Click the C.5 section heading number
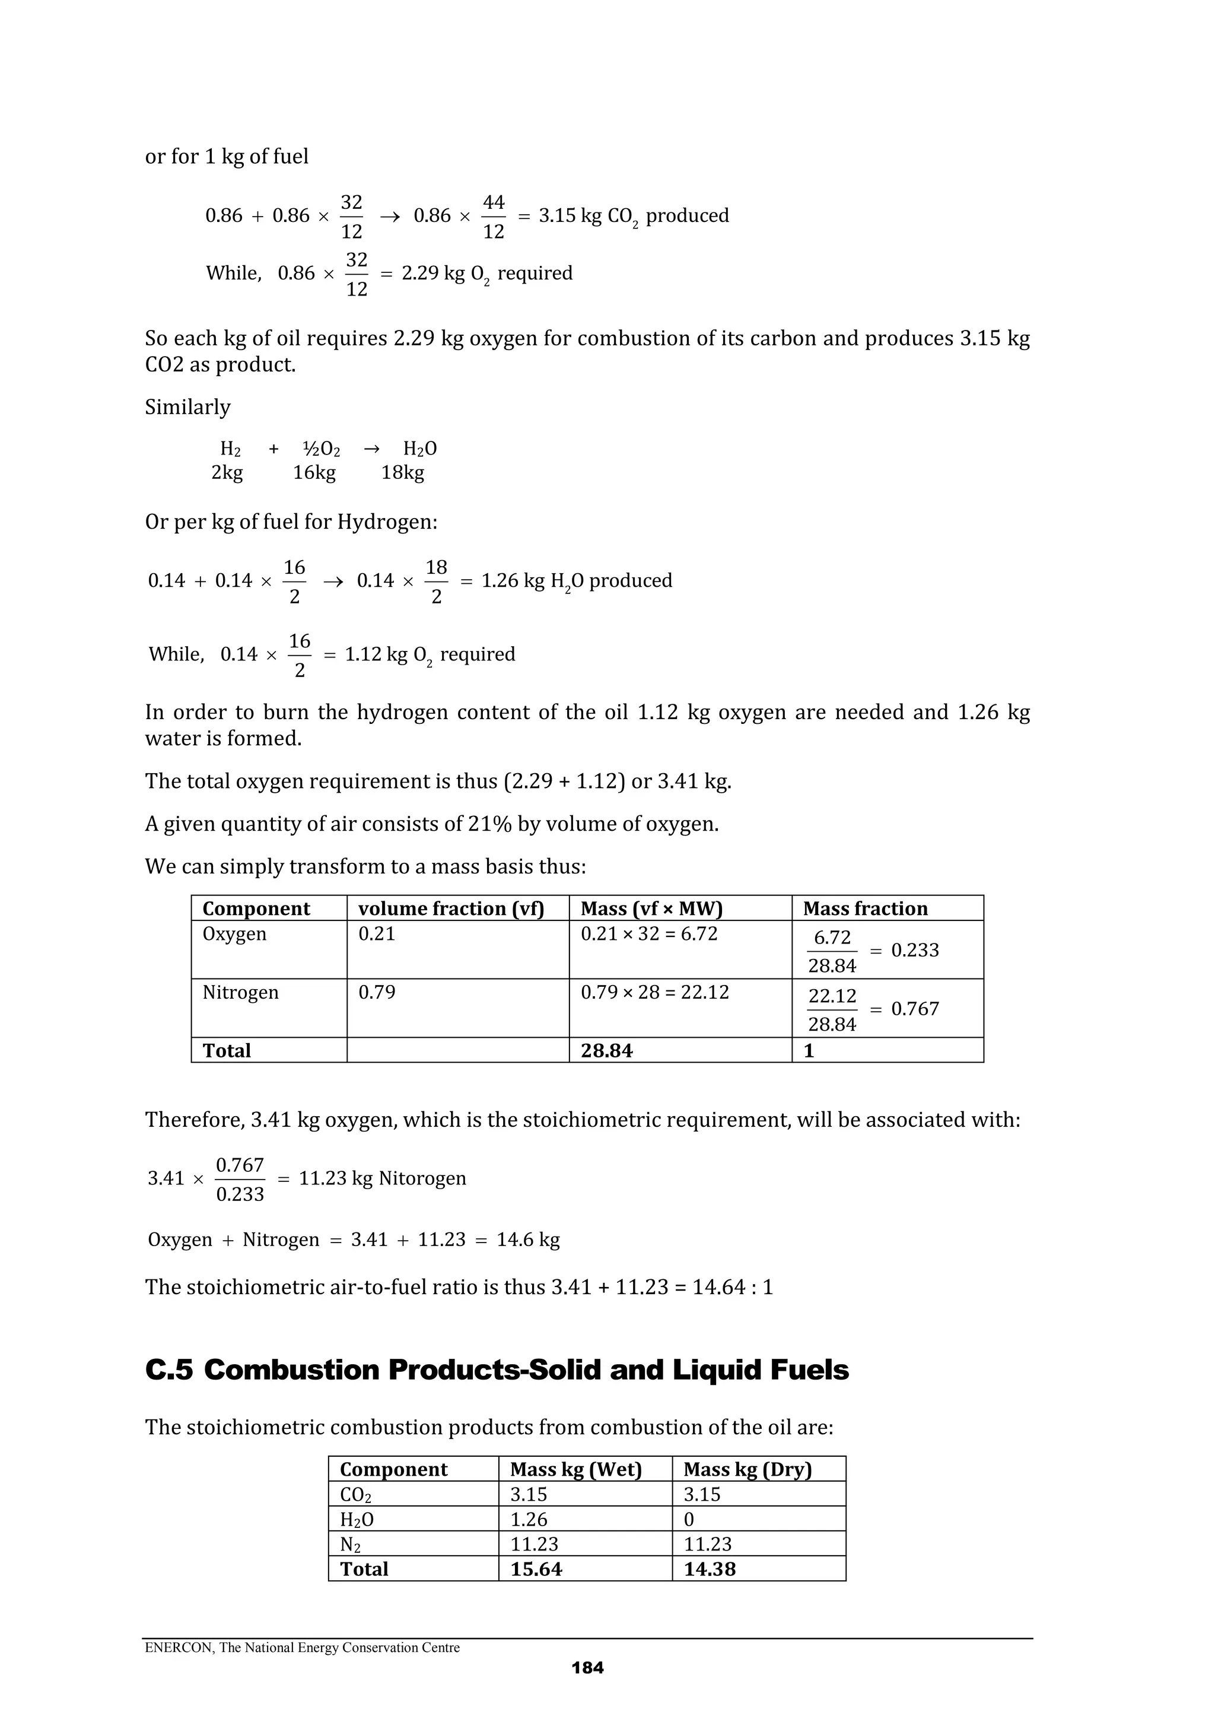168,1370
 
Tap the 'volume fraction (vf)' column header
451,908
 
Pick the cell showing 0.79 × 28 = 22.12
654,992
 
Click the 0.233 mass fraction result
914,950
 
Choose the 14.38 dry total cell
709,1569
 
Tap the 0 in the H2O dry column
689,1520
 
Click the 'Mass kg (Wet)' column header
575,1470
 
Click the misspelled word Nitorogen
422,1178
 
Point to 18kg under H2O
403,472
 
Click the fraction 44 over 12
494,217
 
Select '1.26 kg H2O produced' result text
577,581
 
